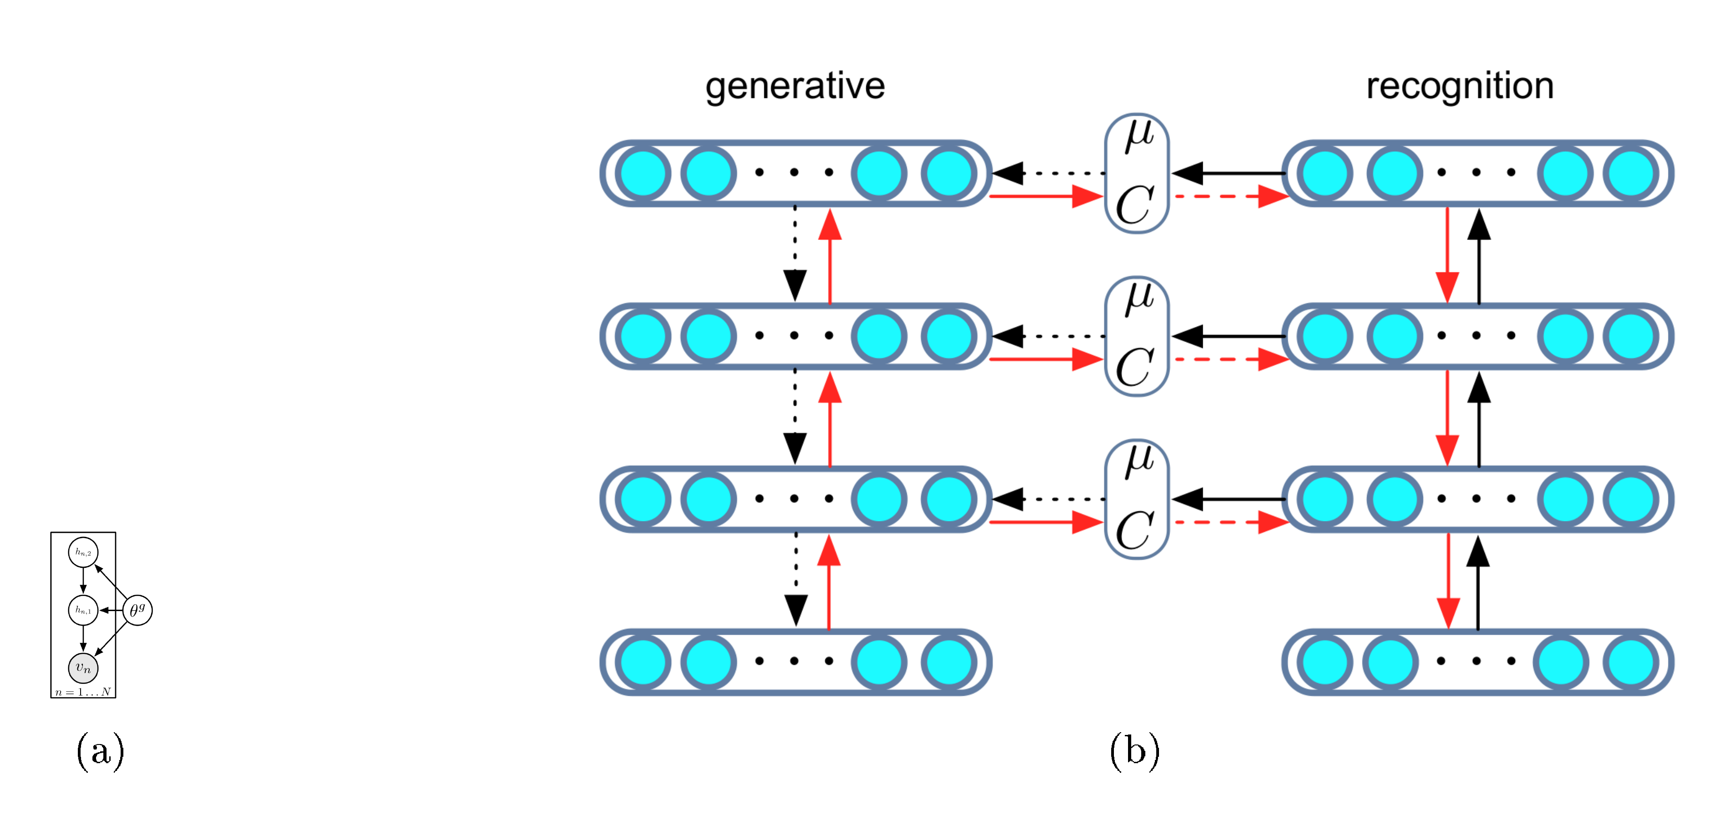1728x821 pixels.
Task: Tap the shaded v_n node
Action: pos(83,668)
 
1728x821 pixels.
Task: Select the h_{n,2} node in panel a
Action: pos(83,552)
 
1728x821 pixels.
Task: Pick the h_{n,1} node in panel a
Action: pos(83,610)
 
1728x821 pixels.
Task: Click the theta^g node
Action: pos(137,610)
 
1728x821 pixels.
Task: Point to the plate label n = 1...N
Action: pos(83,692)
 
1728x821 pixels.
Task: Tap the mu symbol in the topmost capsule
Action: pos(1139,134)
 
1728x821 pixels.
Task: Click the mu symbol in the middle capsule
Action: pos(1139,297)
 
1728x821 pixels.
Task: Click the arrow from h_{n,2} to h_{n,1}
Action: pos(83,581)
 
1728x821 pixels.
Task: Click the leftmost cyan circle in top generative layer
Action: pos(643,173)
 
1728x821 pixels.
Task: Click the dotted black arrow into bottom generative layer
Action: pos(796,580)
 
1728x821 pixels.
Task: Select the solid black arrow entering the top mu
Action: pos(1228,173)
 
